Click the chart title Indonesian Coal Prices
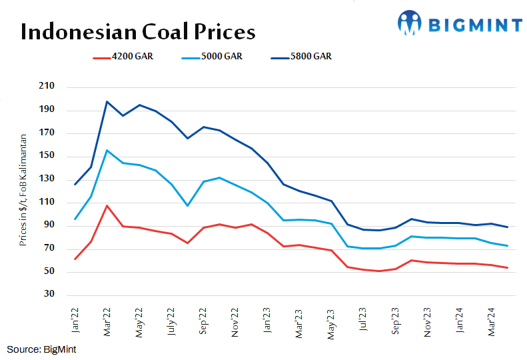[x=138, y=32]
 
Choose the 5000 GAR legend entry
[x=213, y=57]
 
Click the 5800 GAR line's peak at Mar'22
[x=107, y=102]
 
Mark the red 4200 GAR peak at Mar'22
[x=107, y=205]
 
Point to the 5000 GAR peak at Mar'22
[x=107, y=150]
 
